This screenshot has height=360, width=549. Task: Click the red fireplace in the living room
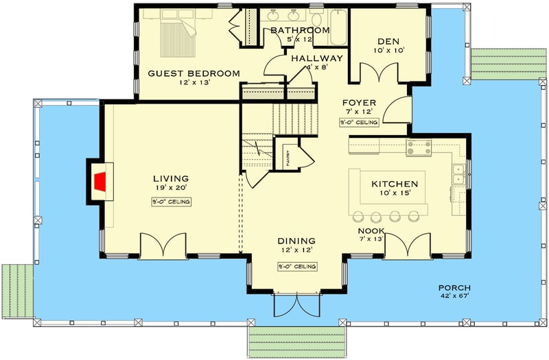pyautogui.click(x=101, y=182)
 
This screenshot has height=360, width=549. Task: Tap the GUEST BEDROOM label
pyautogui.click(x=194, y=73)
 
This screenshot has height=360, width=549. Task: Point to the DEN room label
pyautogui.click(x=388, y=40)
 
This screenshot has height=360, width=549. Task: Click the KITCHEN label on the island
pyautogui.click(x=395, y=184)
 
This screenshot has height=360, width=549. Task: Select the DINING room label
pyautogui.click(x=296, y=241)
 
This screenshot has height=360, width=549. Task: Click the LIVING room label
pyautogui.click(x=172, y=178)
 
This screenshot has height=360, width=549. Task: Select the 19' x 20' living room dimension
pyautogui.click(x=172, y=188)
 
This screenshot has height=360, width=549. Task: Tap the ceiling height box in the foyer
pyautogui.click(x=359, y=122)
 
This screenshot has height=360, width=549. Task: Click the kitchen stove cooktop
pyautogui.click(x=418, y=146)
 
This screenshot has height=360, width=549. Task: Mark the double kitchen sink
pyautogui.click(x=458, y=174)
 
